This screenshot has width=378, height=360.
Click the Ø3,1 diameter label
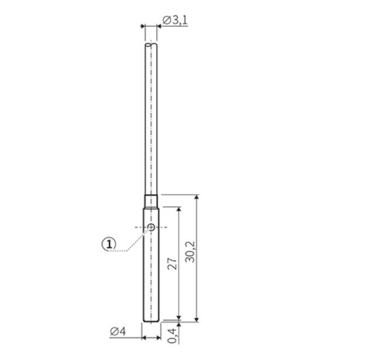pos(175,20)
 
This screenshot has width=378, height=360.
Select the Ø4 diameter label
pos(118,331)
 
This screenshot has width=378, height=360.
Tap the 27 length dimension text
pos(172,263)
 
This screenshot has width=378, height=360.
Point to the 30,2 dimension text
pos(190,252)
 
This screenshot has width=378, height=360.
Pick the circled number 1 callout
pos(109,244)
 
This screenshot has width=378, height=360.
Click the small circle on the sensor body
pos(151,227)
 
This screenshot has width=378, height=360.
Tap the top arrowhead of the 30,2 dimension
pos(197,197)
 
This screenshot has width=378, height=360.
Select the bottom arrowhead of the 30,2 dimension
pos(197,319)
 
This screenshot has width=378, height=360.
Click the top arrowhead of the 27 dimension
pos(179,209)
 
